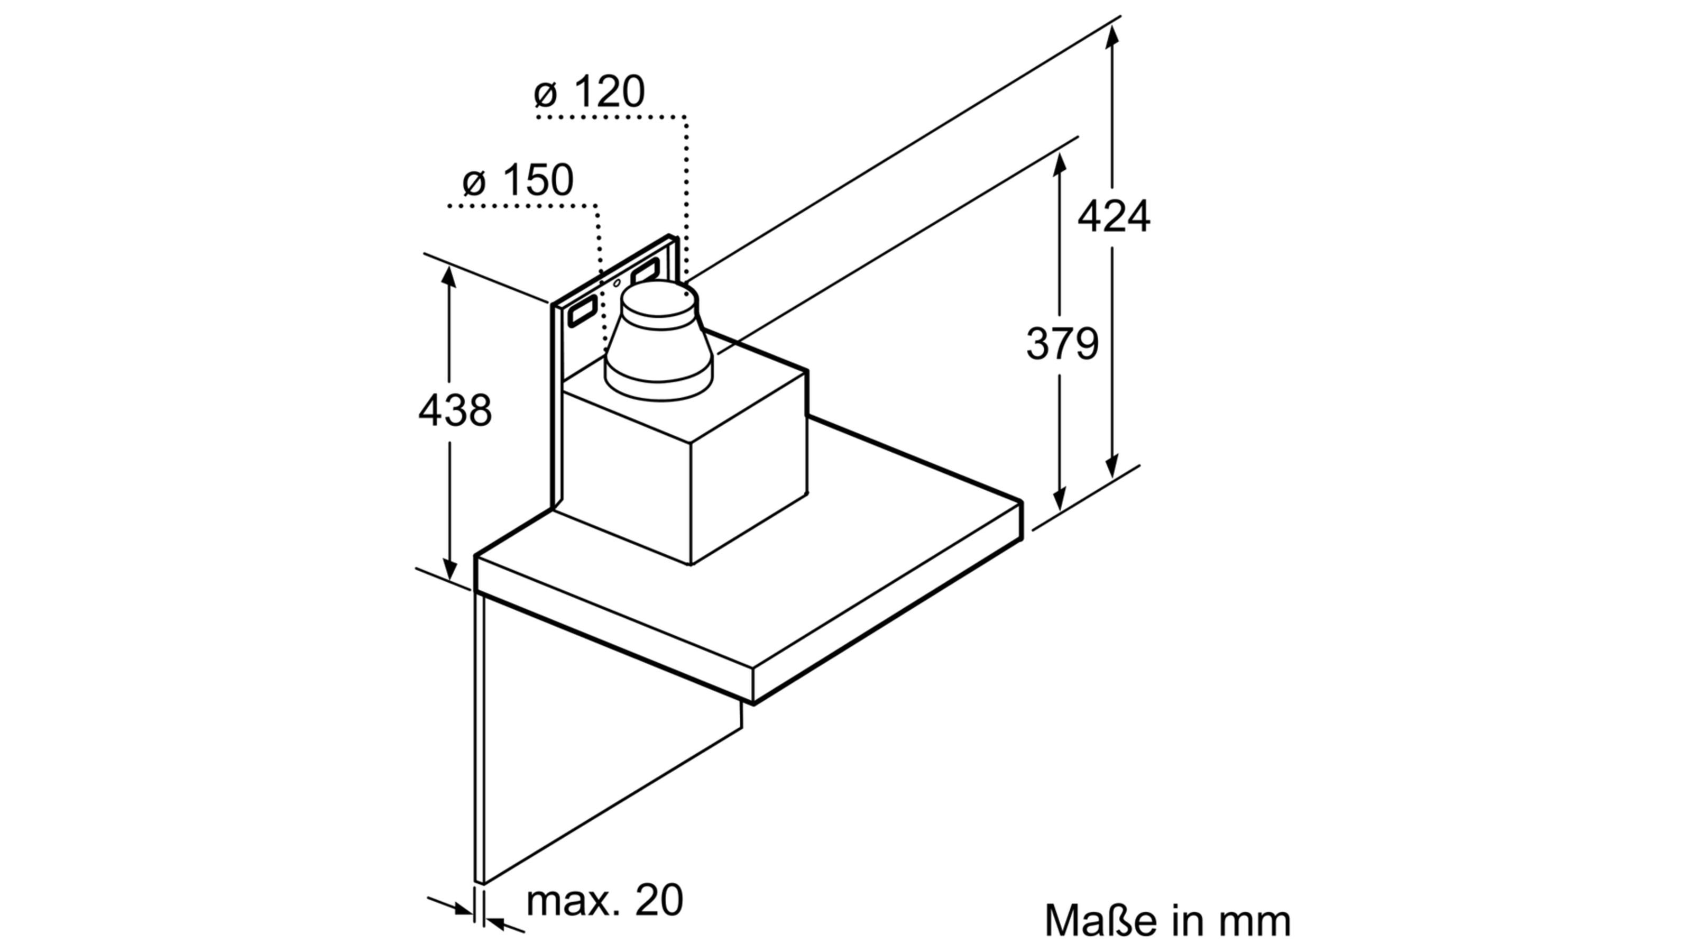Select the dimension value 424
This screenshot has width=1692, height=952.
pos(1114,216)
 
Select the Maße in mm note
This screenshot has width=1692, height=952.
pos(1167,920)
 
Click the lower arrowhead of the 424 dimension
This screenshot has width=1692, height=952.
pos(1111,465)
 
